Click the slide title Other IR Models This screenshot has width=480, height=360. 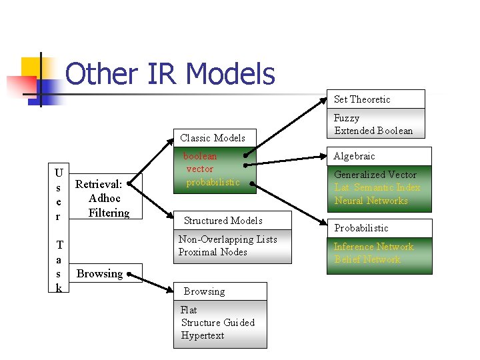(171, 74)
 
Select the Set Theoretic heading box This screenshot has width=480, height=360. (378, 99)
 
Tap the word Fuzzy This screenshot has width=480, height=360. (347, 118)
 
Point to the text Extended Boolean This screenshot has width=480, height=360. (373, 131)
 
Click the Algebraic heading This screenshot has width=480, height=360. (355, 156)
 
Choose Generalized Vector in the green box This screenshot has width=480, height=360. (375, 175)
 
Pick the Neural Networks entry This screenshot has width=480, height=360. (371, 201)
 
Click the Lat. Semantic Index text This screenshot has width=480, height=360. (377, 188)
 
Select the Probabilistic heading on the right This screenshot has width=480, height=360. (361, 228)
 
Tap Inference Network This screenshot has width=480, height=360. (373, 247)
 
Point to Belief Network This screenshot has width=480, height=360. (367, 259)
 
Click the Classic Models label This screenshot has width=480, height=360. (213, 138)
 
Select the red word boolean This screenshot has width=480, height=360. (201, 156)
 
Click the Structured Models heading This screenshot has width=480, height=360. (223, 221)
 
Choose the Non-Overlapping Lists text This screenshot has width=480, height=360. (227, 239)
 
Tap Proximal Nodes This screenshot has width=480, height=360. (213, 252)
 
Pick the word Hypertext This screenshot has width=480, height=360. (203, 335)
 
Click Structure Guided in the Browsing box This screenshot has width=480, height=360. (218, 323)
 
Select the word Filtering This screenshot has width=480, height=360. (109, 213)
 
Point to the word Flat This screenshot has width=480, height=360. (189, 310)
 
